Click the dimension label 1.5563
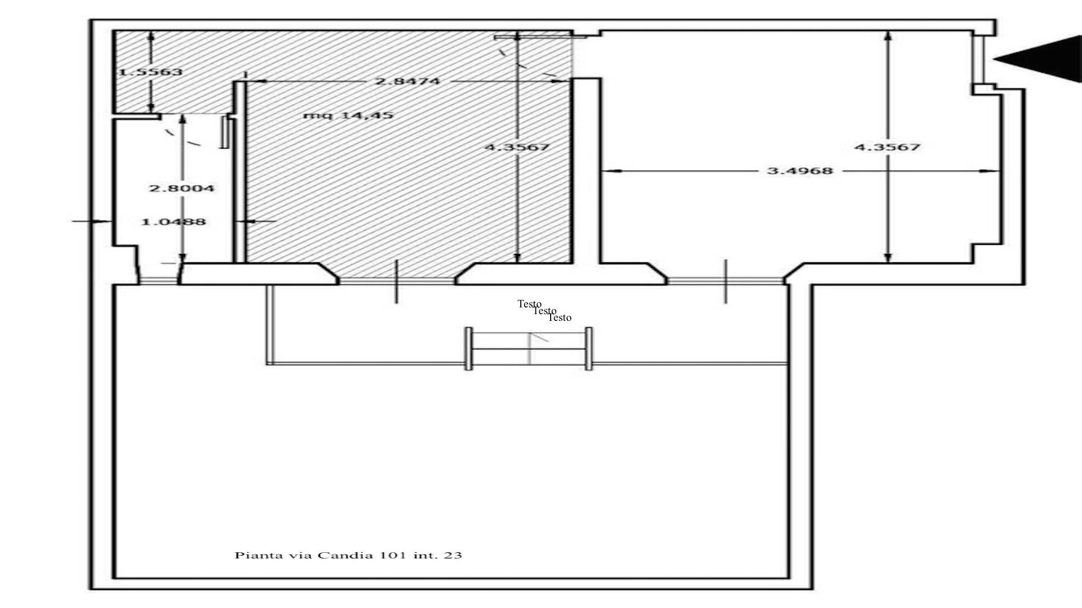pyautogui.click(x=151, y=72)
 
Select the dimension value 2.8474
pyautogui.click(x=407, y=81)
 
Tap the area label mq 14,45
pyautogui.click(x=348, y=115)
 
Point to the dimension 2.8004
pyautogui.click(x=181, y=188)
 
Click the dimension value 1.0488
pyautogui.click(x=173, y=222)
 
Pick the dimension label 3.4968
pyautogui.click(x=800, y=171)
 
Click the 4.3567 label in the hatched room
pyautogui.click(x=517, y=147)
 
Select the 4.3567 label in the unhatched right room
pyautogui.click(x=888, y=147)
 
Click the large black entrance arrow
pyautogui.click(x=1037, y=59)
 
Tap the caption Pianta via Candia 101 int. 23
pyautogui.click(x=348, y=556)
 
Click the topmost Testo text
pyautogui.click(x=530, y=304)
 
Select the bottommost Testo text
pyautogui.click(x=560, y=318)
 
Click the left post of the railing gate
pyautogui.click(x=468, y=348)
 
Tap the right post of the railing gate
pyautogui.click(x=589, y=348)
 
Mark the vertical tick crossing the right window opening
pyautogui.click(x=725, y=281)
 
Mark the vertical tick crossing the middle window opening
pyautogui.click(x=397, y=281)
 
